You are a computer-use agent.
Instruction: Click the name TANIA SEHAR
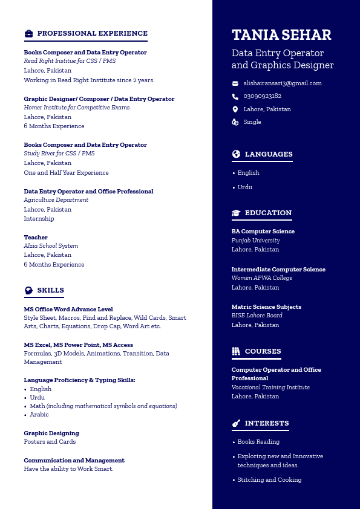pos(281,35)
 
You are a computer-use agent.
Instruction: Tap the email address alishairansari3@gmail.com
pos(283,83)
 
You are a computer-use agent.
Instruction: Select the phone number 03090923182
pos(262,96)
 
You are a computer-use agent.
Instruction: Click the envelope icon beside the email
pos(235,83)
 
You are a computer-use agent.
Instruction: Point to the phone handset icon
pos(235,96)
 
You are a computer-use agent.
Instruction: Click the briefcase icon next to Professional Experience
pos(28,34)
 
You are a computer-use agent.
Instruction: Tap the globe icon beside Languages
pos(236,154)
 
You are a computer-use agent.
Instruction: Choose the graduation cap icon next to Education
pos(236,213)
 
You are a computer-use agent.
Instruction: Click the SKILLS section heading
pos(50,290)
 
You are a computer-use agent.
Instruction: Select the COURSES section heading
pos(263,351)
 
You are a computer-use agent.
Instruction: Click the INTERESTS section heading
pos(266,423)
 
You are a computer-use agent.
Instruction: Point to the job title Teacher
pos(36,238)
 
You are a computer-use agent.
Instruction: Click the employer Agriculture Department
pos(56,200)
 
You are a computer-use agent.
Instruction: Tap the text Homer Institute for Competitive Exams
pos(77,108)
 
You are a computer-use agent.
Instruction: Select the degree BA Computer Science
pos(263,232)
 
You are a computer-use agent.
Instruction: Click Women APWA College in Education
pos(262,278)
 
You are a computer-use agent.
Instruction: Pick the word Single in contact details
pos(252,122)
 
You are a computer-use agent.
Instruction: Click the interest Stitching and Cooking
pos(269,480)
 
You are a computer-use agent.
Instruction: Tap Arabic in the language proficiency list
pos(39,415)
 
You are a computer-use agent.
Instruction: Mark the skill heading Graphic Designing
pos(51,433)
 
